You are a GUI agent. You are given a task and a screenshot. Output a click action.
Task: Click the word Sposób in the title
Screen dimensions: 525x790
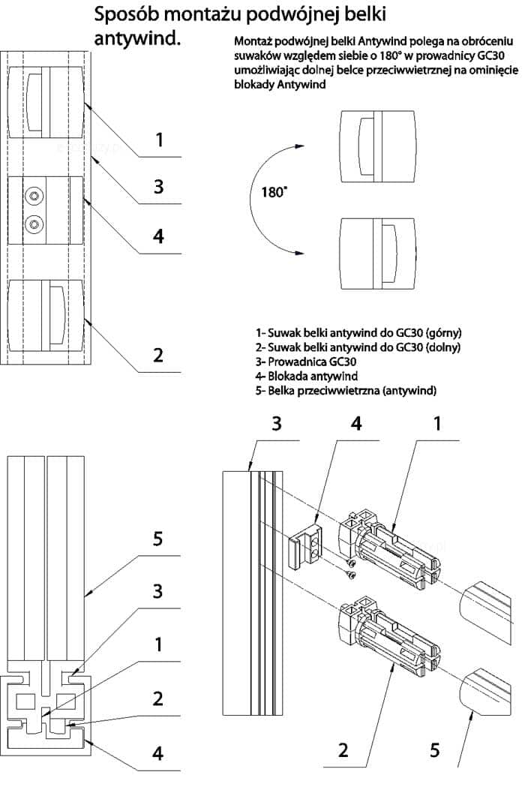(126, 14)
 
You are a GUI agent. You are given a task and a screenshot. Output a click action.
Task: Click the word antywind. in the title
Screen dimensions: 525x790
(137, 38)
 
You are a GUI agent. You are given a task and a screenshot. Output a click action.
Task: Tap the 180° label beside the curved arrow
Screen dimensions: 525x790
(274, 192)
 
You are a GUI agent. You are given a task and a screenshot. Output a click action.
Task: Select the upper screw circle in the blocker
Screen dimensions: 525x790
(34, 196)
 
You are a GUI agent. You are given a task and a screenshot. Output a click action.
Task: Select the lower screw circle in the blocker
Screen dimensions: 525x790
(34, 223)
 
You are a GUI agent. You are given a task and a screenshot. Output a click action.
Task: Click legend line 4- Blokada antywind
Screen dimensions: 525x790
(306, 376)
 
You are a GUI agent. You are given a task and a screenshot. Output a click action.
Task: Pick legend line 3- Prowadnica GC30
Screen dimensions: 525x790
(306, 362)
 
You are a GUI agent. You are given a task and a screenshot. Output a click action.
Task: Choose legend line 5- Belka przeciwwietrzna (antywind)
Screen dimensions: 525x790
(346, 390)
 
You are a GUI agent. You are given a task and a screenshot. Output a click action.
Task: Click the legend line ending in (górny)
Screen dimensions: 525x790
(358, 332)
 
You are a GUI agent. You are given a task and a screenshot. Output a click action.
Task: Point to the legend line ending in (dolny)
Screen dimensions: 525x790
(358, 347)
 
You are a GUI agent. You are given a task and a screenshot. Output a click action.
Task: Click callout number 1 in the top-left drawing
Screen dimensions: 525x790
(159, 140)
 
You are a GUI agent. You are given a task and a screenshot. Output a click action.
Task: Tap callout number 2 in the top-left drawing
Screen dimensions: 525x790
(158, 355)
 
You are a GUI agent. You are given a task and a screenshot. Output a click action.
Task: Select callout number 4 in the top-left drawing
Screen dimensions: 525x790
(158, 236)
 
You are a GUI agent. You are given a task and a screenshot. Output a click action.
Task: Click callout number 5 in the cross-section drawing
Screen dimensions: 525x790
(157, 539)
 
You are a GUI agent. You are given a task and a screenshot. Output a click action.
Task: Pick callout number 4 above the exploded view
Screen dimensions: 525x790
(356, 423)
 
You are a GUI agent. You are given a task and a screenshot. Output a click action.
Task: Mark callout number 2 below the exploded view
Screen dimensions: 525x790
(343, 750)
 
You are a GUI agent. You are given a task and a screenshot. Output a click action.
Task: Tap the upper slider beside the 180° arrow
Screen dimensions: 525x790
(378, 146)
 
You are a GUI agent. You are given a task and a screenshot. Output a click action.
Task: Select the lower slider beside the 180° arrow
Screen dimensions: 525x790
(378, 254)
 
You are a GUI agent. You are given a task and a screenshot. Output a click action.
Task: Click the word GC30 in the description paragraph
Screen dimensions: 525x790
(490, 56)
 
